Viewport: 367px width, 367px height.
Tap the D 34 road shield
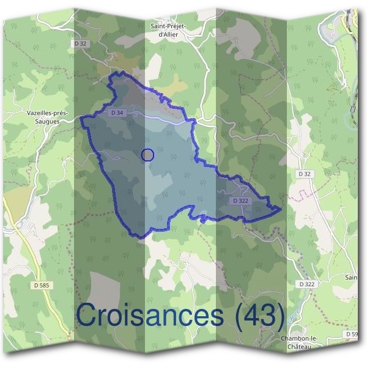click(118, 113)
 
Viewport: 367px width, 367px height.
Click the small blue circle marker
click(147, 155)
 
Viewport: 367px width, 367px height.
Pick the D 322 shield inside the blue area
click(241, 201)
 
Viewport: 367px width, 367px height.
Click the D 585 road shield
click(42, 284)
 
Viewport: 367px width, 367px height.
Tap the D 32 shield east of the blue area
click(304, 174)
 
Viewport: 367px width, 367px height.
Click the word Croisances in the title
click(150, 316)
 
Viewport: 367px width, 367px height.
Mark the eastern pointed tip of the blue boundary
click(281, 209)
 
